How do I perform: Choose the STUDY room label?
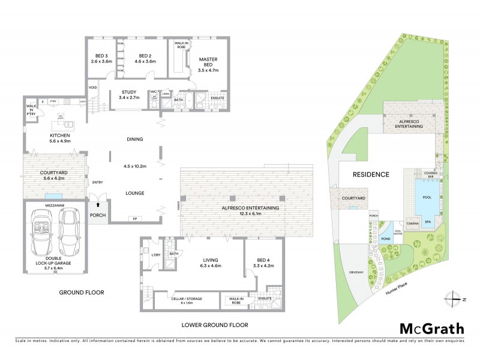128,94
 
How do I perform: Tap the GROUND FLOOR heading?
81,293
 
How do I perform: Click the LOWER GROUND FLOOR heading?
214,325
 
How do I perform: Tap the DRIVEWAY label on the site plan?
356,272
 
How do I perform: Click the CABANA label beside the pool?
413,223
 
